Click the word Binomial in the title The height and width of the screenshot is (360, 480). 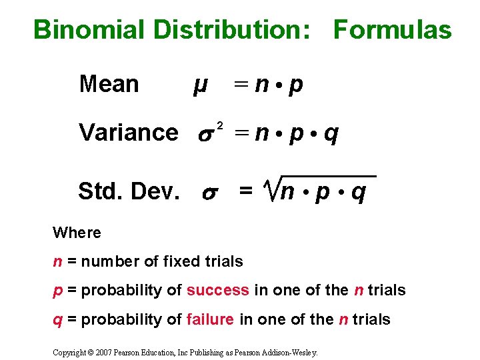pos(89,30)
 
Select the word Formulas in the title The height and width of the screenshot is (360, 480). pos(392,30)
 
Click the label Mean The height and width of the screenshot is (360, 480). pos(109,85)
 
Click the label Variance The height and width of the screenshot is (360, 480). pos(128,133)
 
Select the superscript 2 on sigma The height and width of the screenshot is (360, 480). pos(220,125)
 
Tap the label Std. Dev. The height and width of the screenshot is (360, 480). pos(128,192)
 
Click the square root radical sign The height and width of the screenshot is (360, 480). pos(268,188)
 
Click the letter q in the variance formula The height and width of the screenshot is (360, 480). pos(331,134)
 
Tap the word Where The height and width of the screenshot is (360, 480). pos(77,233)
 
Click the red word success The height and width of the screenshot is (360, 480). pos(217,290)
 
